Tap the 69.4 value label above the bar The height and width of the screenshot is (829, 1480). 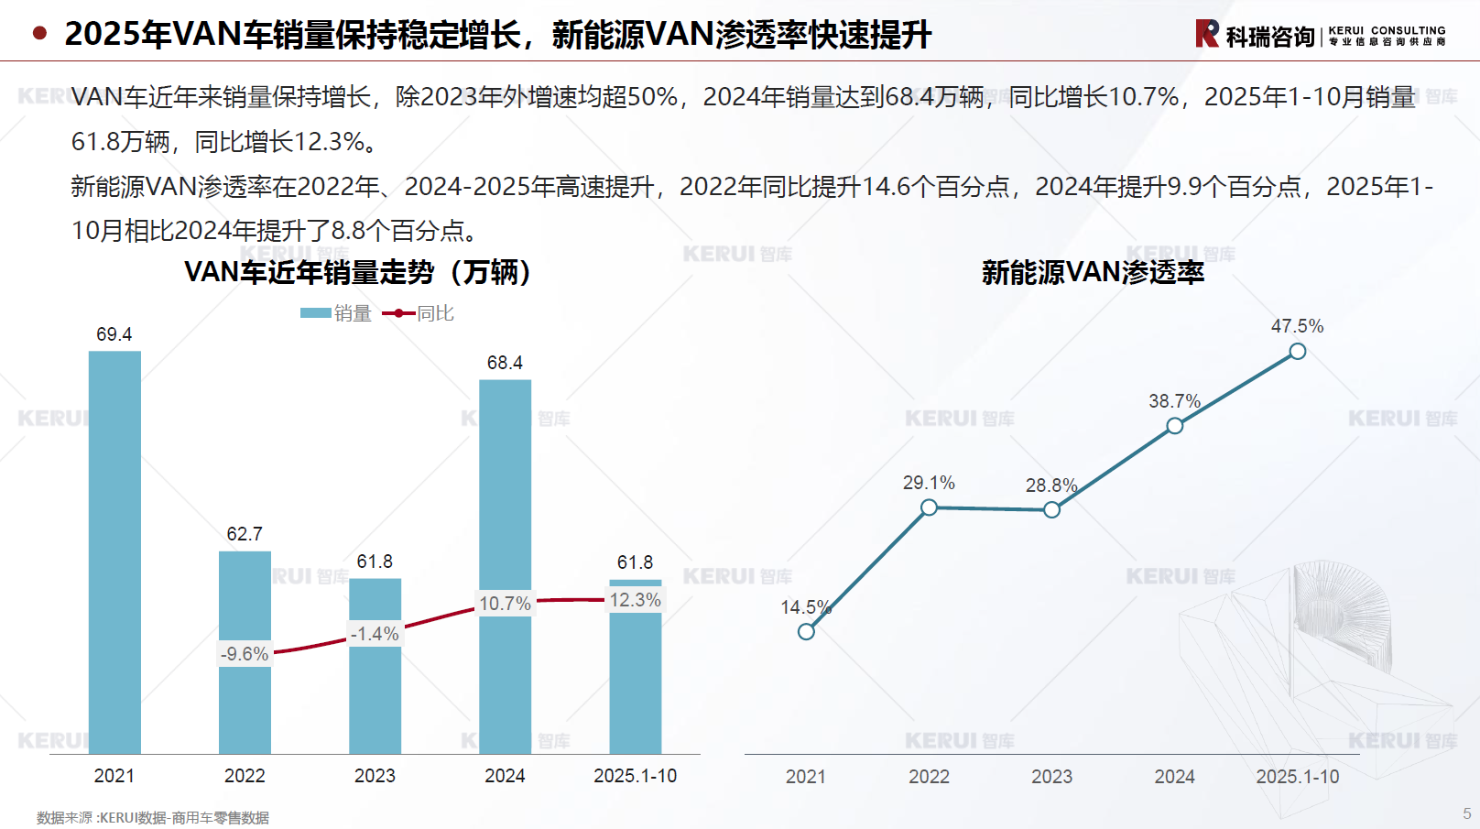click(114, 334)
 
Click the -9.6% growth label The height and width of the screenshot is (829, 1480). click(245, 654)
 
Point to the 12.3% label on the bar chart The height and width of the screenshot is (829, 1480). click(635, 600)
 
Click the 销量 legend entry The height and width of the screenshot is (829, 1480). click(336, 313)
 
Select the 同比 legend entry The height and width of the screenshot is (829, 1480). click(419, 313)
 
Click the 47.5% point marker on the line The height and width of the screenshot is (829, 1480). click(1297, 351)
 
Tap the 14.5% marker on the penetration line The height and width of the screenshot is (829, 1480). click(806, 631)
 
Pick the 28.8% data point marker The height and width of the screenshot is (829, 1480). click(1051, 509)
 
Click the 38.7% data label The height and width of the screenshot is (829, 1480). click(1174, 401)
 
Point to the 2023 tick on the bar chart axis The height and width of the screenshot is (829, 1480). click(375, 776)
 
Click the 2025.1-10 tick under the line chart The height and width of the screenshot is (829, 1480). click(1297, 777)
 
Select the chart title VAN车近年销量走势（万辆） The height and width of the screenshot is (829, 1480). click(358, 272)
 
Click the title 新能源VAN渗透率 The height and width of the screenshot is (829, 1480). click(1093, 272)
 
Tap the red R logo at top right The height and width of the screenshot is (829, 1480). click(1207, 34)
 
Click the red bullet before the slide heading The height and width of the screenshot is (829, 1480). click(39, 34)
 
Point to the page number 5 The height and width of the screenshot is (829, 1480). click(1466, 813)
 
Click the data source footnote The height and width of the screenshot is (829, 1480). click(153, 817)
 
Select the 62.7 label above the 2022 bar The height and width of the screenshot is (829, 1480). click(245, 534)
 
